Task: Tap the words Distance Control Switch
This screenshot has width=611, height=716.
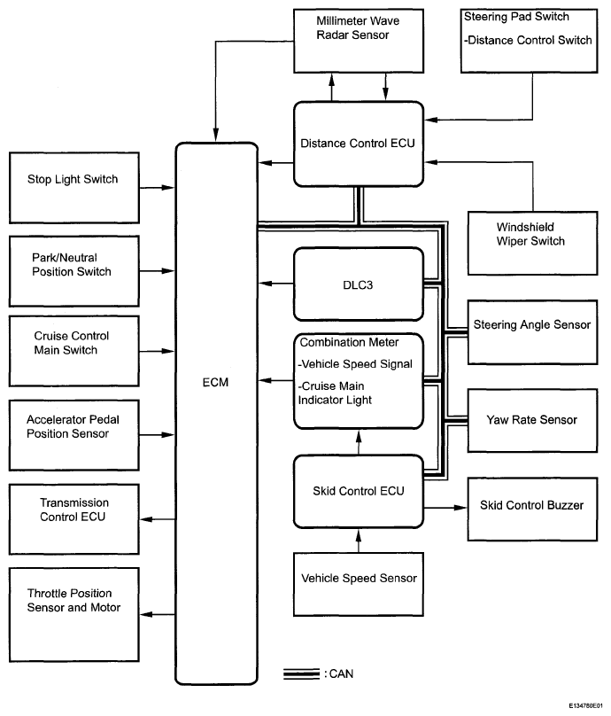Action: point(530,38)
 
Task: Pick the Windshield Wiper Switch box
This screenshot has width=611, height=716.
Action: point(530,242)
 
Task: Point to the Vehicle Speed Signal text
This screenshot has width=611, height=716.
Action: point(355,363)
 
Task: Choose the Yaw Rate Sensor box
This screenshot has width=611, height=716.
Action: point(530,420)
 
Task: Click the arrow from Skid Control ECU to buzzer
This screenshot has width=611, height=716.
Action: point(445,508)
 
